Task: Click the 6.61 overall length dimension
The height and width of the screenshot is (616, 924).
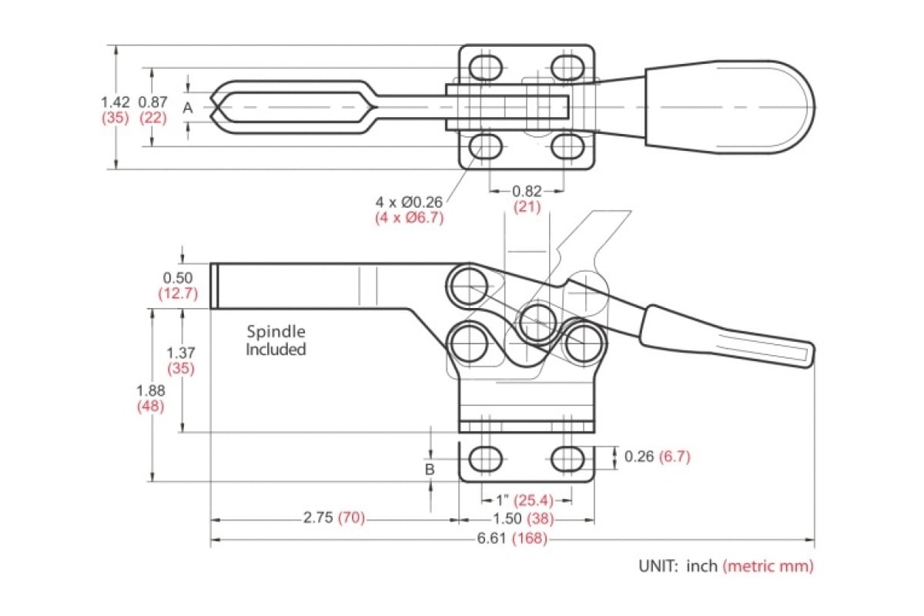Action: click(490, 538)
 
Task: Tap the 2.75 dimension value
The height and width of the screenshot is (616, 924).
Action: click(319, 517)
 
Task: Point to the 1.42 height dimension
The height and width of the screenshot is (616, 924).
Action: click(115, 101)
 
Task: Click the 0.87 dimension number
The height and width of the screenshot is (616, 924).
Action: click(152, 101)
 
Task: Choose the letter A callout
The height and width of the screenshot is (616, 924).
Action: click(187, 109)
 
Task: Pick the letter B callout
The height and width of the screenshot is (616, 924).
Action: click(430, 468)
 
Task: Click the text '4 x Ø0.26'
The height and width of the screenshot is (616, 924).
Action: click(409, 202)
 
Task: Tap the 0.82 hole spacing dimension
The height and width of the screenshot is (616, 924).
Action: click(527, 190)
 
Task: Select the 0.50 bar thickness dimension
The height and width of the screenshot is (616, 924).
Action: click(177, 277)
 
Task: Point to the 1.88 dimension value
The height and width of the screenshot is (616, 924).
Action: click(150, 390)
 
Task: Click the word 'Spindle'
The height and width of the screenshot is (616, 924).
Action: click(276, 332)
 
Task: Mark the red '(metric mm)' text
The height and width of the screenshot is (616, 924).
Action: click(768, 566)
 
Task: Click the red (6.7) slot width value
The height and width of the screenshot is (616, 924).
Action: click(675, 457)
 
